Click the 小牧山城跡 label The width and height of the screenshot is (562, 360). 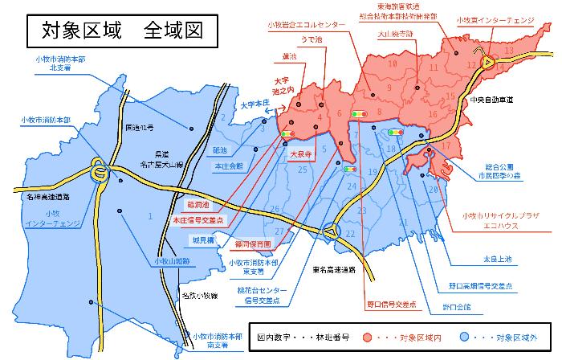(170, 262)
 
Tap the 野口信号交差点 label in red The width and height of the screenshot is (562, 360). (392, 305)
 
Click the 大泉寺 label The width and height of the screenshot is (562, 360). (301, 151)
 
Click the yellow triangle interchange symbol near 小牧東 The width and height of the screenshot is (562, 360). (487, 60)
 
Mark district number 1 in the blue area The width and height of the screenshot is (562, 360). (150, 215)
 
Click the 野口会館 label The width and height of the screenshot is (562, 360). (455, 306)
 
